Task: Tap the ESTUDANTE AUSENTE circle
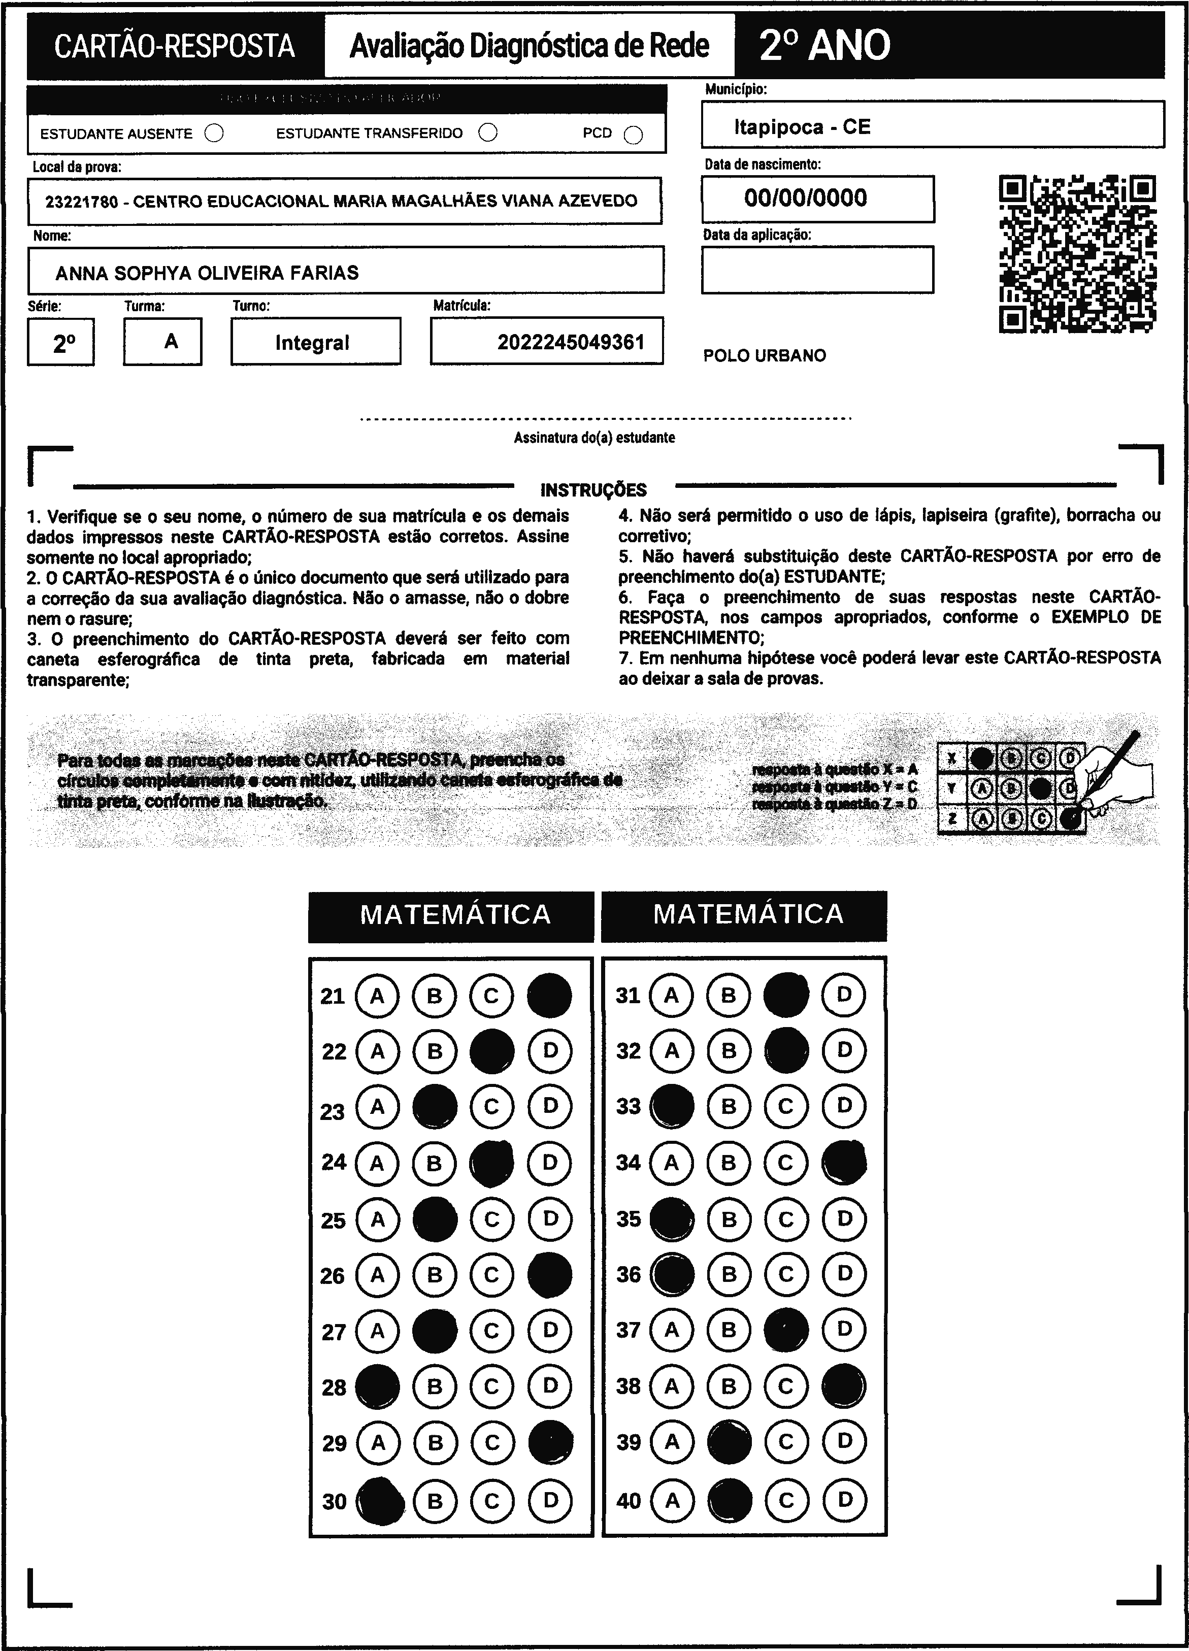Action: pyautogui.click(x=214, y=133)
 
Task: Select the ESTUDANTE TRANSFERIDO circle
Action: pyautogui.click(x=488, y=133)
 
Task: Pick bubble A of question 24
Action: pyautogui.click(x=377, y=1163)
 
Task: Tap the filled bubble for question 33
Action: pyautogui.click(x=671, y=1106)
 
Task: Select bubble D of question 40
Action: pyautogui.click(x=844, y=1500)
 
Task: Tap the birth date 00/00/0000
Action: pyautogui.click(x=805, y=198)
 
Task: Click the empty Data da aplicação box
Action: pyautogui.click(x=817, y=270)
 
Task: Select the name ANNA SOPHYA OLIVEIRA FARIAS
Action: pyautogui.click(x=207, y=273)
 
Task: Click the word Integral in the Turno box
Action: pyautogui.click(x=312, y=343)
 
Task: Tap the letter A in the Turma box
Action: pyautogui.click(x=171, y=341)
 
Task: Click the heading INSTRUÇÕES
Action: pyautogui.click(x=593, y=490)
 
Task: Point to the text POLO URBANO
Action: pyautogui.click(x=765, y=356)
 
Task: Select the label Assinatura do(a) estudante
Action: pyautogui.click(x=594, y=438)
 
